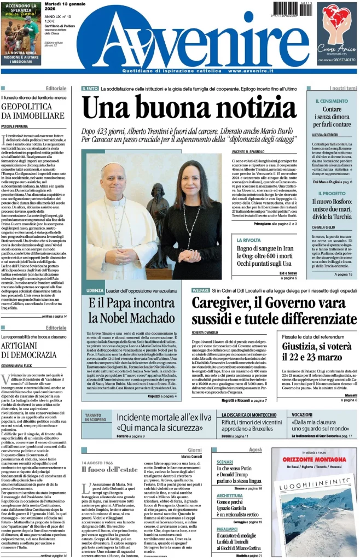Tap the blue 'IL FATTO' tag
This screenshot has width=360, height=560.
click(90, 88)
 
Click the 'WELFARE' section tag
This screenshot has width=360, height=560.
click(201, 290)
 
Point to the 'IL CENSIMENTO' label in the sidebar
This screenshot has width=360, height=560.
click(332, 101)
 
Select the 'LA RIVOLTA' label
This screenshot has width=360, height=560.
click(249, 240)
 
